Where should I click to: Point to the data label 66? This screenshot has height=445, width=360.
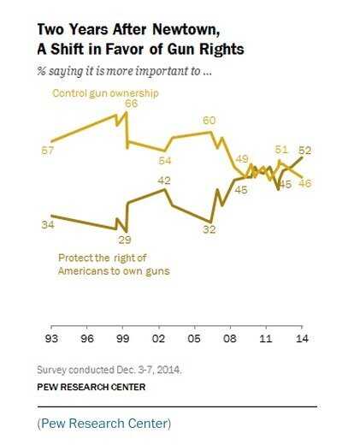tap(131, 104)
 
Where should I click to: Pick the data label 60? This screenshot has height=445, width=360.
tap(209, 121)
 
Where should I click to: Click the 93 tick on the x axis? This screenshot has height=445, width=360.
tap(52, 340)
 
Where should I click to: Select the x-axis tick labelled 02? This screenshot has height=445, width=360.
tap(158, 340)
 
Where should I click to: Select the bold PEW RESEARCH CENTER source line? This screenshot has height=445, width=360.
tap(91, 387)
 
